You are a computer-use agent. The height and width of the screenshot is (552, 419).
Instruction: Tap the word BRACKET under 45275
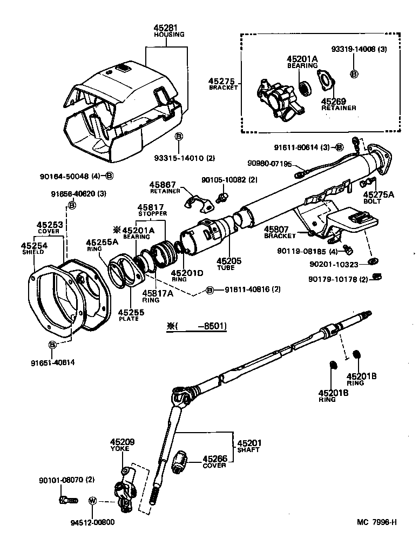pos(223,87)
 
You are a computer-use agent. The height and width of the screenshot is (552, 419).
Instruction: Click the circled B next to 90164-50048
pos(109,176)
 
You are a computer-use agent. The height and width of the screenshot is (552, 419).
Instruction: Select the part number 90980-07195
pos(270,164)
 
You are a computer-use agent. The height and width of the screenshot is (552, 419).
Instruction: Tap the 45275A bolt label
pos(379,194)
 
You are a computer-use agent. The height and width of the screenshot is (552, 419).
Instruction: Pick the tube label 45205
pos(229,261)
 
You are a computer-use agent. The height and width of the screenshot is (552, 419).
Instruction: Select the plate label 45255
pos(129,312)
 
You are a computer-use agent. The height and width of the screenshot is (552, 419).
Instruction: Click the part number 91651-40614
pos(52,362)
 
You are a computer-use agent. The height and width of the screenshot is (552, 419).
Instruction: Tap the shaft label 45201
pos(249,443)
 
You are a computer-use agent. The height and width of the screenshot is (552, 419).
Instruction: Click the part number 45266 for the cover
pos(214,459)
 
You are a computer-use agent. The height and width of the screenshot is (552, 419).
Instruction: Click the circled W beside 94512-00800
pos(92,501)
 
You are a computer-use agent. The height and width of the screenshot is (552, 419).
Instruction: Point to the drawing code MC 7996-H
pos(377,522)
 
